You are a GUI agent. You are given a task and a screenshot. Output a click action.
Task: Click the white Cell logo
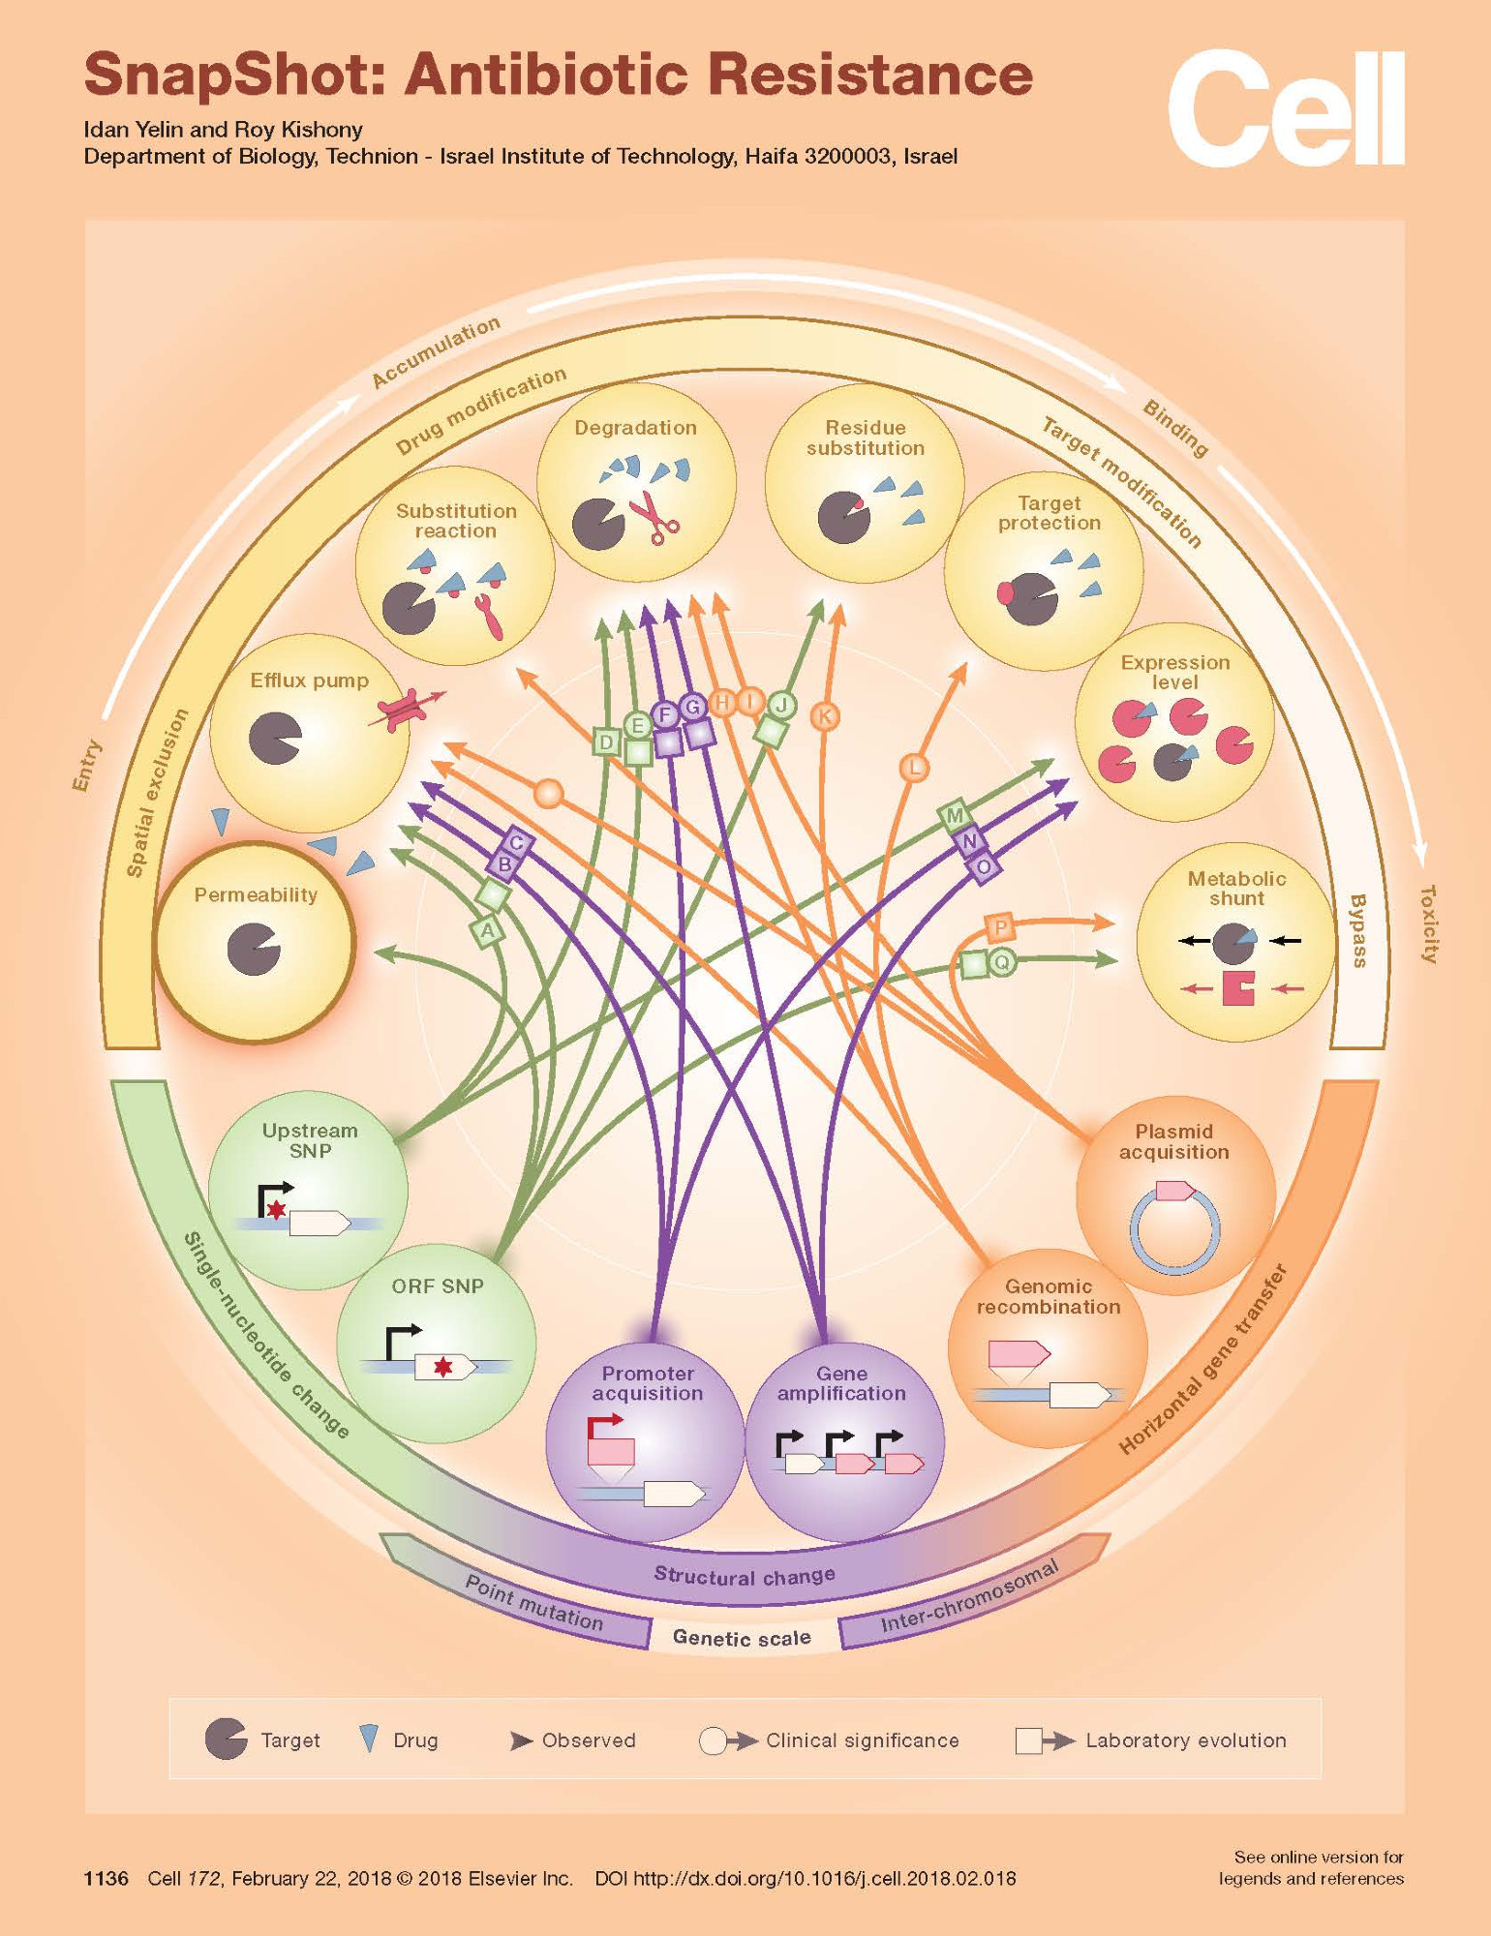point(1285,108)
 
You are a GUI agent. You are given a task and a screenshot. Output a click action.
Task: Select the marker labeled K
point(825,716)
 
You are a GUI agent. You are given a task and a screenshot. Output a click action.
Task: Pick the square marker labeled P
point(1000,927)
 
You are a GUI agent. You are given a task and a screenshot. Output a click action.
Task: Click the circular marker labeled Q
point(1002,962)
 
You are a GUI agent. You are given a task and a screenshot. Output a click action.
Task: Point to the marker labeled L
point(914,769)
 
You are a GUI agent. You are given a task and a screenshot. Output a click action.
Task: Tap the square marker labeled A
point(488,931)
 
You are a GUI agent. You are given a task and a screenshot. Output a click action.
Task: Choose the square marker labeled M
point(955,815)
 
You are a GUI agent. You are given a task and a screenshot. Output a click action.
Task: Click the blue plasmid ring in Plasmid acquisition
point(1173,1231)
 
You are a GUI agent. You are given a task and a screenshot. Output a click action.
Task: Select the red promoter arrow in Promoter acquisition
point(605,1426)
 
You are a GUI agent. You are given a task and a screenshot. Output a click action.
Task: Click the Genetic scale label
point(742,1638)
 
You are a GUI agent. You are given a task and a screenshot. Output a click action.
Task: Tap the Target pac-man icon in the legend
point(227,1739)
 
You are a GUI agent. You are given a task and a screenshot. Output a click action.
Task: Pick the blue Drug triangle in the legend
point(369,1739)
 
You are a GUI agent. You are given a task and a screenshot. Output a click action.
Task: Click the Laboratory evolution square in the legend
point(1028,1740)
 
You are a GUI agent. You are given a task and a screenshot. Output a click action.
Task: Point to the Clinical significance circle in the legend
point(713,1740)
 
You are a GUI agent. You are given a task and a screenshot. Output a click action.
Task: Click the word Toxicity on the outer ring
point(1429,923)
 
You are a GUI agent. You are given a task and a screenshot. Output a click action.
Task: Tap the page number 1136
point(106,1879)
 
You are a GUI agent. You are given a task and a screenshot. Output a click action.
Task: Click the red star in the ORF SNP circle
point(442,1367)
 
